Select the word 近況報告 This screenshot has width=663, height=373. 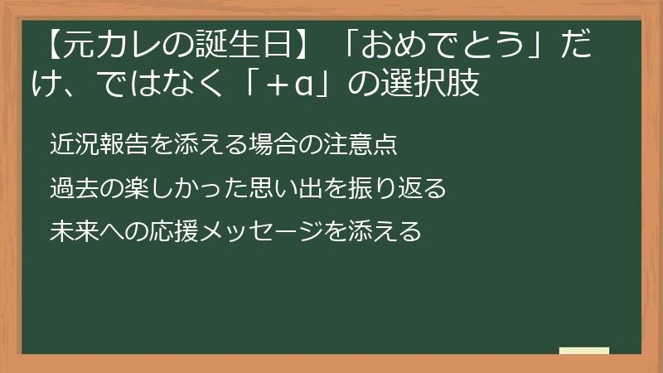tap(98, 145)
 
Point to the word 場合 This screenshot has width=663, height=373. tap(274, 145)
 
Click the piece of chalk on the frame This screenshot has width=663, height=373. tap(583, 351)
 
